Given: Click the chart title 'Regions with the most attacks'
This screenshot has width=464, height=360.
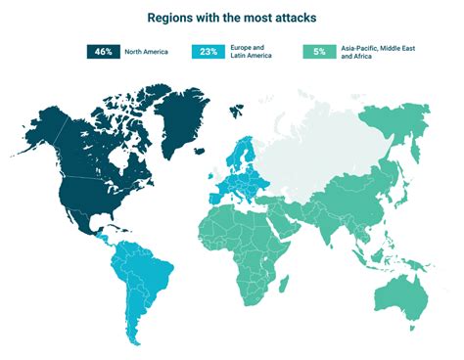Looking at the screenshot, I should point(231,18).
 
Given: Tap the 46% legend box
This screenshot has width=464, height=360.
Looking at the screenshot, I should point(103,52).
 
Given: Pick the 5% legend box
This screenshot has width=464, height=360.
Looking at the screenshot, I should point(318,52).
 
